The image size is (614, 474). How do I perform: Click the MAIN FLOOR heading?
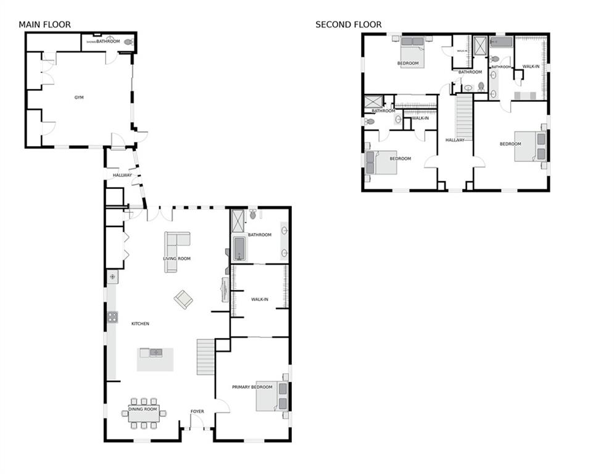pos(44,25)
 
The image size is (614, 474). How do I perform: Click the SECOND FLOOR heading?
pos(348,25)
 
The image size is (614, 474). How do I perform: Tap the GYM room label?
pos(79,98)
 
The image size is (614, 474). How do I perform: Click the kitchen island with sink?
pos(155,359)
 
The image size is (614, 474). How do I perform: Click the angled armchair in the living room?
pos(183,299)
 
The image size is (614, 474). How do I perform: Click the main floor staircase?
pos(205,357)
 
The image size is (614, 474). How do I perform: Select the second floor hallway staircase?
pos(464,117)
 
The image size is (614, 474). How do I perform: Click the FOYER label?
pos(197,411)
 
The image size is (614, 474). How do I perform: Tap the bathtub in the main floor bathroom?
pos(239,249)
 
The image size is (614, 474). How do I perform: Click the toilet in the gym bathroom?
pos(128,42)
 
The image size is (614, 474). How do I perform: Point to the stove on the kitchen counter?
pos(113,317)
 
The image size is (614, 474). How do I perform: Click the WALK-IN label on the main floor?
pos(260,299)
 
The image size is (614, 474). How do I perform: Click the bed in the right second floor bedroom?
pos(531,146)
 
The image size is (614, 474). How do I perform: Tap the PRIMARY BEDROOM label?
pos(252,387)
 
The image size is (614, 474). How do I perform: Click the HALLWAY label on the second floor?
pos(455,140)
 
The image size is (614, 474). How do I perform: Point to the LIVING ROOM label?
pos(176,259)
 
